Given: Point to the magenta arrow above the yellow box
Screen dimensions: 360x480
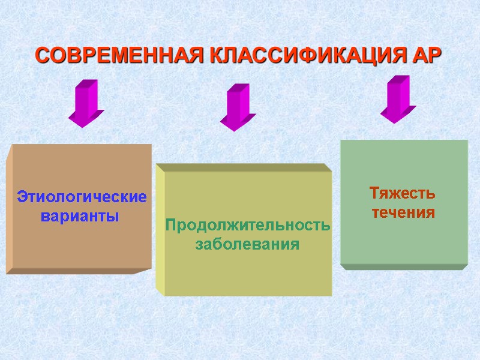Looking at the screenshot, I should pos(237,107).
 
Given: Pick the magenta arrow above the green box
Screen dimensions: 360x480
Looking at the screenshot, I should pos(397,99).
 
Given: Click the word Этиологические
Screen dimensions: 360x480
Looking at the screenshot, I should pos(82,197).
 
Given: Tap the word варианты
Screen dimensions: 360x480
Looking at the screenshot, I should pos(80,216).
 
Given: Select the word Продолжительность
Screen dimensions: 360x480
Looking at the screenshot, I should pos(247,226).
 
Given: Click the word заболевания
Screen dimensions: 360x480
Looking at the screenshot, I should pos(247,245).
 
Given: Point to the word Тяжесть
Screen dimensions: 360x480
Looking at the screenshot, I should pos(402,194).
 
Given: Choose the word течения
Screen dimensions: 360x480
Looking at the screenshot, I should pos(403,213).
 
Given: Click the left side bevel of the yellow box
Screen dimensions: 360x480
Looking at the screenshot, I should pos(160,231).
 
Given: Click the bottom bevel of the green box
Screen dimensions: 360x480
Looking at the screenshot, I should pos(403,266).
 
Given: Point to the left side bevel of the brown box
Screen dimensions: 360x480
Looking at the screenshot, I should pos(9,210).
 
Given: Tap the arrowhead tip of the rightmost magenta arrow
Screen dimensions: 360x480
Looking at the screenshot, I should pos(392,122).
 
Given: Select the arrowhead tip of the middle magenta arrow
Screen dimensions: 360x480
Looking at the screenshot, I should pos(232,130).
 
